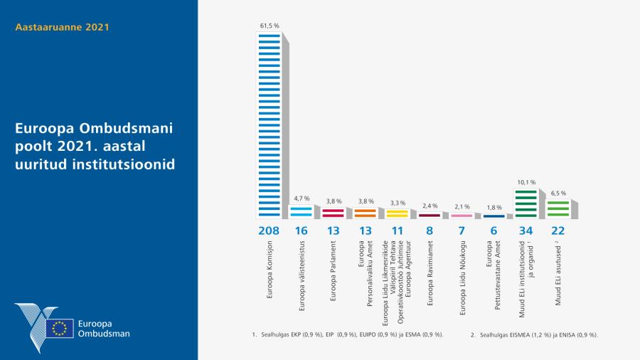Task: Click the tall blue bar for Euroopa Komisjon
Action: click(x=268, y=125)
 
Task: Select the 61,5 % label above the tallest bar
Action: click(x=268, y=26)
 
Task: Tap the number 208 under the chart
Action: click(x=268, y=231)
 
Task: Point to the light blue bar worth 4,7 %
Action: click(x=300, y=211)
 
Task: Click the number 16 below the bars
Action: click(x=300, y=231)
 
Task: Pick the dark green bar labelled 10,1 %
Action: click(x=526, y=203)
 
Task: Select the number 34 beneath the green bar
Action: click(x=526, y=231)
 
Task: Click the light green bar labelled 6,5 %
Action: click(x=558, y=208)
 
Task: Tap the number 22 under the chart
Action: click(x=558, y=231)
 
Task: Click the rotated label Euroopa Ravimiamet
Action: click(x=429, y=278)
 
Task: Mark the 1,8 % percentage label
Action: click(x=493, y=208)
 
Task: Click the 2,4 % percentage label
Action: click(x=429, y=206)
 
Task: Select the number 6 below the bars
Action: click(x=493, y=231)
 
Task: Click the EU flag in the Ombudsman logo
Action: click(x=60, y=328)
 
